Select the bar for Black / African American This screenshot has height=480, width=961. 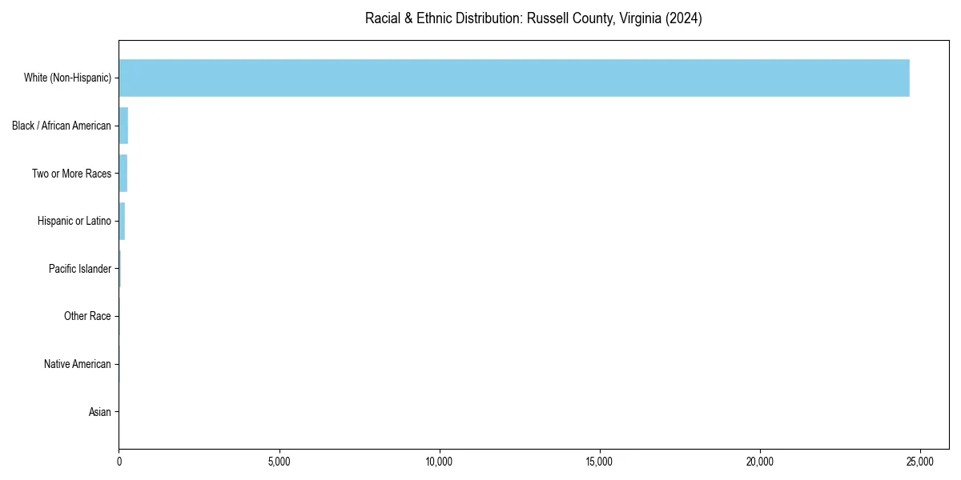123,126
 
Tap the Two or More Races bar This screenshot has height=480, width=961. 123,173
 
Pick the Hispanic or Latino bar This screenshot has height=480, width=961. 122,221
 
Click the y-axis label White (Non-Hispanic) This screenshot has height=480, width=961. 67,78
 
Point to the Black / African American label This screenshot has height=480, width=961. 62,126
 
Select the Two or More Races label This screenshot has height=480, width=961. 71,174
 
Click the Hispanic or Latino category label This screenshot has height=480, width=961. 74,221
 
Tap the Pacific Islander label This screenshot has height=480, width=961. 80,269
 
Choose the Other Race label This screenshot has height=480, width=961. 87,317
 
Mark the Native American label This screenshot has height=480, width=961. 78,364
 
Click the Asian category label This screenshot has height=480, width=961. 100,412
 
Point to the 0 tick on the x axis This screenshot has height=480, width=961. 119,462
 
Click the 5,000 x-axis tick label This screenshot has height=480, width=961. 279,462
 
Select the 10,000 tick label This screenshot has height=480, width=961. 440,462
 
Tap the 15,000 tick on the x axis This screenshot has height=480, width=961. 600,462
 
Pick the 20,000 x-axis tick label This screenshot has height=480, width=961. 760,462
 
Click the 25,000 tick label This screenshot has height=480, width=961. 920,462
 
